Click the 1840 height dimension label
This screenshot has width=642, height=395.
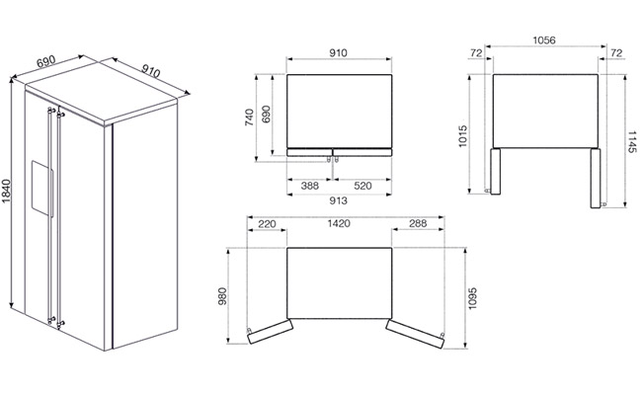point(6,192)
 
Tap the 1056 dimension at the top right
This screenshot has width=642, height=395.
point(544,40)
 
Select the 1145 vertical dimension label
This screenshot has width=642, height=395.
point(632,142)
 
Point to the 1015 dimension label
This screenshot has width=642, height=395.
point(462,136)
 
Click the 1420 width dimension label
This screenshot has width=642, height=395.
point(339,223)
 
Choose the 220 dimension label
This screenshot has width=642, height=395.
point(267,224)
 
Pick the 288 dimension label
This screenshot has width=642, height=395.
point(418,223)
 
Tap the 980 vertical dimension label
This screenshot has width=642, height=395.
point(222,296)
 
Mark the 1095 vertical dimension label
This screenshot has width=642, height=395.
point(472,298)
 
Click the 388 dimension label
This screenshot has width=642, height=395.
point(309,186)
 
